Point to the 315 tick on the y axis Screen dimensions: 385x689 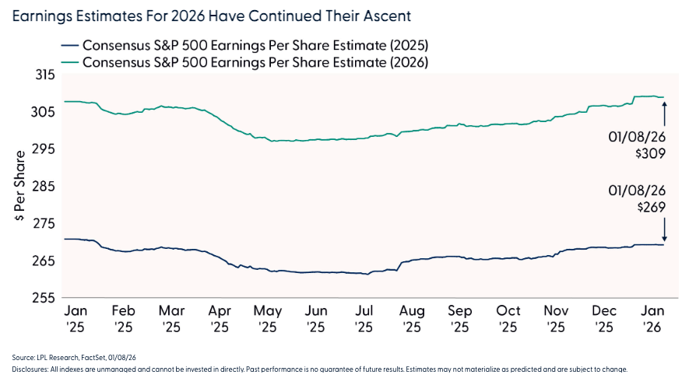(x=45, y=75)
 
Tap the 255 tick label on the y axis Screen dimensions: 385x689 (x=45, y=298)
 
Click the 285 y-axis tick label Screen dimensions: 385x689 (x=45, y=187)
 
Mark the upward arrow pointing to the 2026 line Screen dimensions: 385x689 (x=665, y=114)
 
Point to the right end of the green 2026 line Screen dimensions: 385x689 (x=663, y=97)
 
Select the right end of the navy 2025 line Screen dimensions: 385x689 (x=663, y=245)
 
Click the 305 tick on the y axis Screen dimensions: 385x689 (x=45, y=112)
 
